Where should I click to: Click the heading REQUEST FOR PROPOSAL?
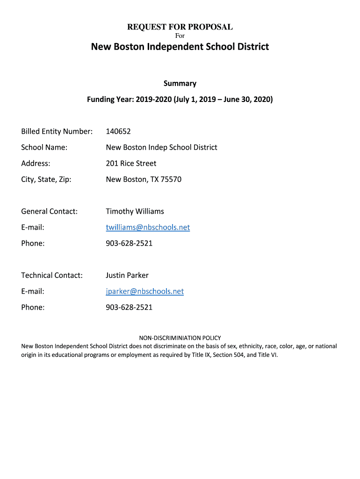(x=180, y=27)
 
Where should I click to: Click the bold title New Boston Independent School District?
(x=180, y=47)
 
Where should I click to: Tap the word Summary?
(x=180, y=83)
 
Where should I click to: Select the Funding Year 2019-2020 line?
(x=180, y=100)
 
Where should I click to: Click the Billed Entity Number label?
(x=57, y=131)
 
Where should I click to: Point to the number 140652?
(x=118, y=131)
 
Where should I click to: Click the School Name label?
(x=44, y=147)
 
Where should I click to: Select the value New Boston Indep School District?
(x=161, y=147)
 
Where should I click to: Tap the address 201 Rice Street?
(x=131, y=163)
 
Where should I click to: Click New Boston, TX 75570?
(x=144, y=179)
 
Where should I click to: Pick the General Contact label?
(x=49, y=211)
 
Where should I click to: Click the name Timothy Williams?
(x=135, y=211)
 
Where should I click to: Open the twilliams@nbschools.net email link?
(x=148, y=227)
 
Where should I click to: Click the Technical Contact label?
(x=51, y=275)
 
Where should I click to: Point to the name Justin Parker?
(x=127, y=275)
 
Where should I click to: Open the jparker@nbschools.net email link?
(x=144, y=291)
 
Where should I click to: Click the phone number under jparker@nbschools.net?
(x=129, y=307)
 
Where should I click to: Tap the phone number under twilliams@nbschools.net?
(x=129, y=243)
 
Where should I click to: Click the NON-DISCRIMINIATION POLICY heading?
(x=180, y=338)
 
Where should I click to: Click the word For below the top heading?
(x=180, y=36)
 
